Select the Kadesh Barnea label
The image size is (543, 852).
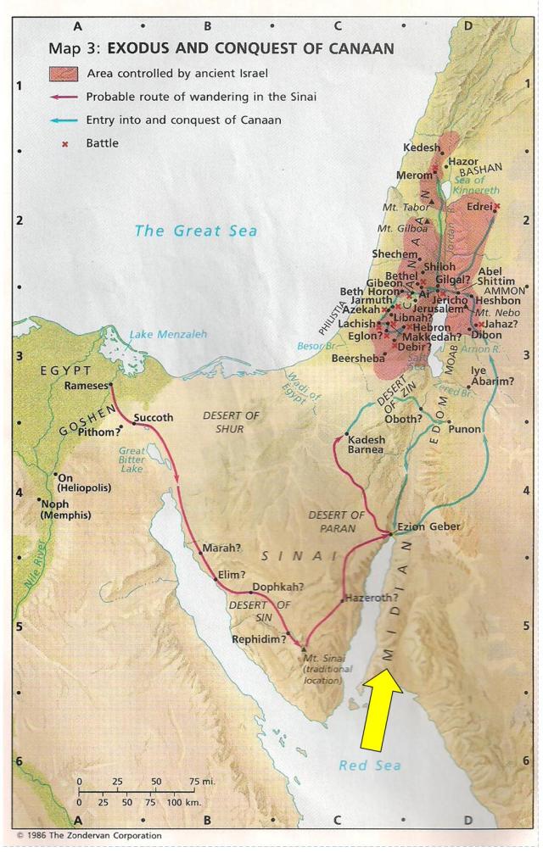tap(367, 445)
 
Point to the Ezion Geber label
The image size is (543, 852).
tap(428, 526)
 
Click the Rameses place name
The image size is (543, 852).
tap(87, 386)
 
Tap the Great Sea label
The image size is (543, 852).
tap(196, 231)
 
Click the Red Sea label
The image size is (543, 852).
tap(370, 766)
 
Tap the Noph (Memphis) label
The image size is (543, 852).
tap(66, 509)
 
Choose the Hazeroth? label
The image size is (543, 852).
tap(373, 598)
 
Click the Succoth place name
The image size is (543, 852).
tap(154, 417)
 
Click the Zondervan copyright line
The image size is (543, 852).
tap(89, 835)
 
